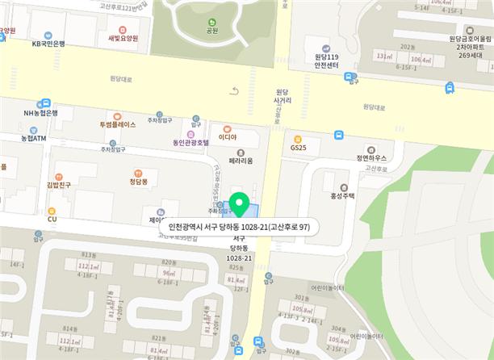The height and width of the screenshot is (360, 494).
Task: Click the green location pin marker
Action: pyautogui.click(x=238, y=204)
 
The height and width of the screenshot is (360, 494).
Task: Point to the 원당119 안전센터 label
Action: pyautogui.click(x=324, y=61)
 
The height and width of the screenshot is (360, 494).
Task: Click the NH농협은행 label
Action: pyautogui.click(x=40, y=113)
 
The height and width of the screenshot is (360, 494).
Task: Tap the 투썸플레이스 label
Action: pyautogui.click(x=118, y=125)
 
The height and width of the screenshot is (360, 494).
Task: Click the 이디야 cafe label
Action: pyautogui.click(x=227, y=136)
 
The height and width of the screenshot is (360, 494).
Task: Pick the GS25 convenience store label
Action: pyautogui.click(x=298, y=148)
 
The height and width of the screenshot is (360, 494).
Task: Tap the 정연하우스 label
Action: pyautogui.click(x=371, y=158)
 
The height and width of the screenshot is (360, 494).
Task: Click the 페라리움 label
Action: pyautogui.click(x=241, y=161)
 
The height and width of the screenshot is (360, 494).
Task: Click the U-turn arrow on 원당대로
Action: pyautogui.click(x=235, y=91)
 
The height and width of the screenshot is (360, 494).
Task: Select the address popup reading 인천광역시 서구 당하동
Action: pyautogui.click(x=240, y=227)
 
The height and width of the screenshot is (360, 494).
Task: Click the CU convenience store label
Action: pyautogui.click(x=52, y=219)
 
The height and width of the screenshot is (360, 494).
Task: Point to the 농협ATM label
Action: pyautogui.click(x=34, y=138)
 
